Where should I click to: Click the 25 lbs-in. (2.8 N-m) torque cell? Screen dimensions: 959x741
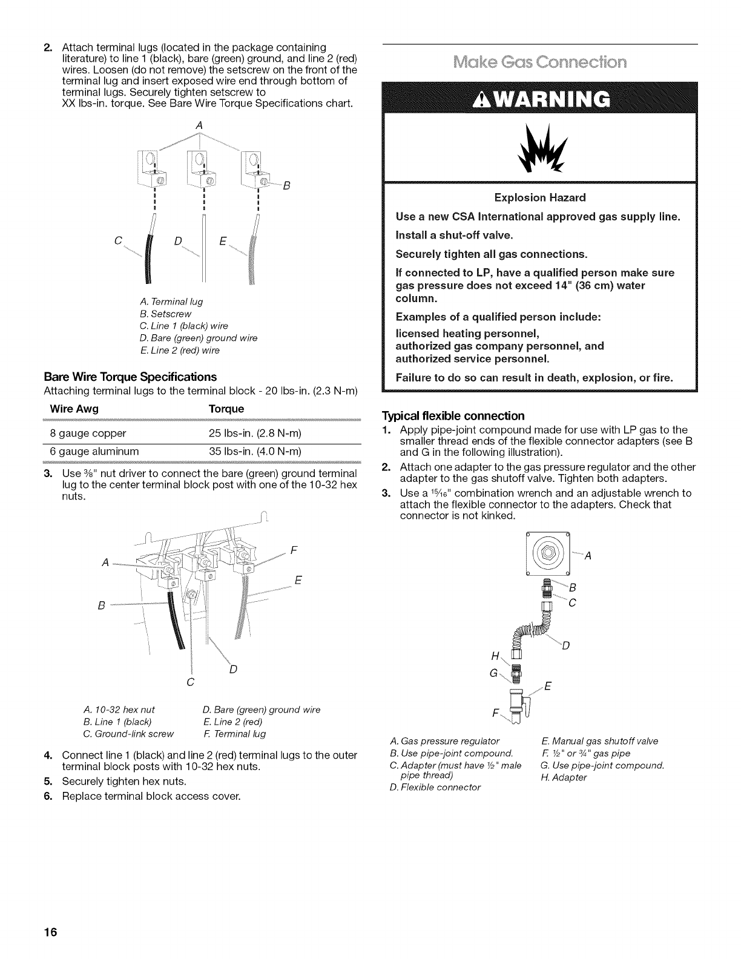254,433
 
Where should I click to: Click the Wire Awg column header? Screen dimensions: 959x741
74,409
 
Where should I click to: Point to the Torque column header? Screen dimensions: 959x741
226,409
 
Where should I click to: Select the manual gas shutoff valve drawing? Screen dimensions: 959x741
519,704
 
